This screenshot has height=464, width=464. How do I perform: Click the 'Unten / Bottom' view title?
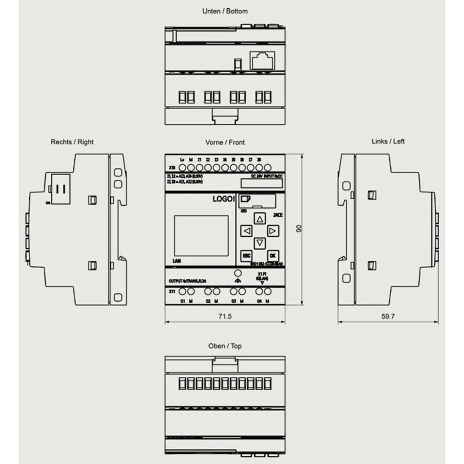tap(225, 11)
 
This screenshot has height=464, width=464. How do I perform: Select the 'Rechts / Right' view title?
tap(72, 142)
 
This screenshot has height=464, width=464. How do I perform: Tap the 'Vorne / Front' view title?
tap(225, 142)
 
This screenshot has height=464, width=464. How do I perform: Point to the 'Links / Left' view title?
tap(388, 141)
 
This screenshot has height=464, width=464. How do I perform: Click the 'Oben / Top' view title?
tap(225, 346)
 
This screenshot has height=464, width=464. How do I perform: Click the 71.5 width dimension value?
tap(225, 316)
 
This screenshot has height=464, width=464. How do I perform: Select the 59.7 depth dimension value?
tap(388, 316)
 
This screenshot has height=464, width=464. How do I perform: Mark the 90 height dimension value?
tap(299, 229)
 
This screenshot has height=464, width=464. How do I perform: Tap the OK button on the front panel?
tap(272, 255)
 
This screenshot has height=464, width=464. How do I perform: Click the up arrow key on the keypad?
tap(260, 219)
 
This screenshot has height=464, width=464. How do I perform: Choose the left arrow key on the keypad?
tap(247, 231)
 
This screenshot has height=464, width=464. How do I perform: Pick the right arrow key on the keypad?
tap(272, 231)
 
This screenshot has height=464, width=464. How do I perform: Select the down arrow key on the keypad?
tap(260, 243)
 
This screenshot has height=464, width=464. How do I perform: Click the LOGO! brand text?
tap(224, 199)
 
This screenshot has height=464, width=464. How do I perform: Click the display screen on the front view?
tap(201, 235)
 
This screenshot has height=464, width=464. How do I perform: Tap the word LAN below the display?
tap(176, 261)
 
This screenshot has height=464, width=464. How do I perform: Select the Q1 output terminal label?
tap(183, 301)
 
